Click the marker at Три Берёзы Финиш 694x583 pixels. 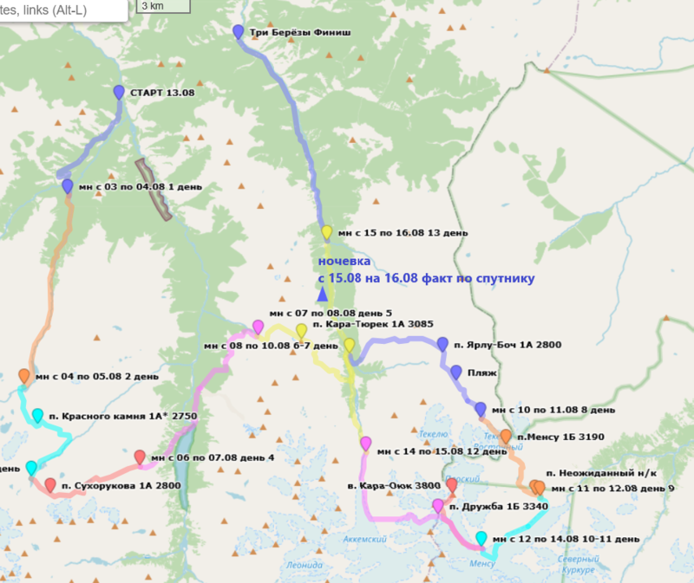[239, 32]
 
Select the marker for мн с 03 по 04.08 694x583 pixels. [67, 186]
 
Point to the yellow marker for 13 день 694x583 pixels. [327, 232]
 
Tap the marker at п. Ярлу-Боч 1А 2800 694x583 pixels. [443, 344]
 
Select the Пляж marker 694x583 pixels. [456, 372]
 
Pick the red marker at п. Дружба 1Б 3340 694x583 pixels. [451, 485]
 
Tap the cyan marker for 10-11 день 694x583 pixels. [481, 539]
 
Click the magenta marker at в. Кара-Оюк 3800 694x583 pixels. [437, 506]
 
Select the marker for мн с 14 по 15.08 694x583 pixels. [365, 444]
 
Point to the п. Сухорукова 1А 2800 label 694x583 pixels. [121, 486]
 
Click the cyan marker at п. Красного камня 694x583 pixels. [38, 417]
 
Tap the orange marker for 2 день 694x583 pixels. [24, 377]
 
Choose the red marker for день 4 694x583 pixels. [140, 457]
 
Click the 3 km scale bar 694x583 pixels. [164, 5]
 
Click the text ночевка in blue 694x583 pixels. [344, 261]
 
